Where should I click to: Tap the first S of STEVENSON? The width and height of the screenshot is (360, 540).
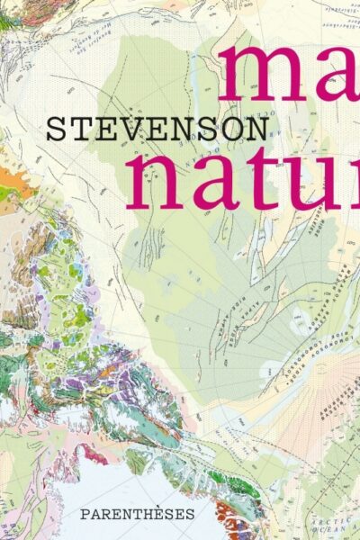click(56, 130)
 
